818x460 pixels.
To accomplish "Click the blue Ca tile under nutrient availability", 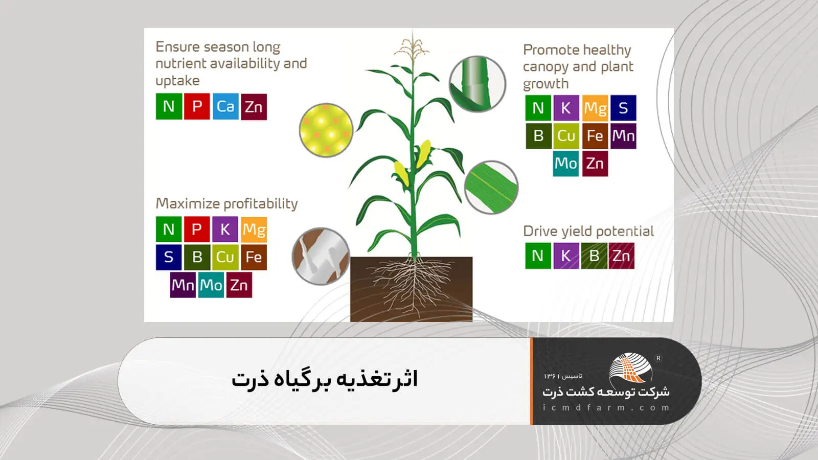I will [x=225, y=106].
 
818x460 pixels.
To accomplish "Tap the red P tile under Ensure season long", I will [x=197, y=106].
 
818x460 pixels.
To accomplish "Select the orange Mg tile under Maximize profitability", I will [x=254, y=229].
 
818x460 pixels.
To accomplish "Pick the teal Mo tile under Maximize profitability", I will [x=211, y=285].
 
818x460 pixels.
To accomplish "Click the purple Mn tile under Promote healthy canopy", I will [x=623, y=136].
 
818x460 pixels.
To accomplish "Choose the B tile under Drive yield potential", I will [x=594, y=256].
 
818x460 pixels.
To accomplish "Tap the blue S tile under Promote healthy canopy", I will [x=623, y=108].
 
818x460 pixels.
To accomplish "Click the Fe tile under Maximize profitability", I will [x=254, y=257].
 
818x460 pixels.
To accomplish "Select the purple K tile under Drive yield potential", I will [x=565, y=256].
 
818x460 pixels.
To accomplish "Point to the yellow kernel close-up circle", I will [x=326, y=130].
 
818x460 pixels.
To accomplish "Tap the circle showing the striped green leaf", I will [x=491, y=188].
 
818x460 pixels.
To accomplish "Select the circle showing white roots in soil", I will [x=321, y=256].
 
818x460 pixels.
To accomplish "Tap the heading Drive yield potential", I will [x=588, y=232].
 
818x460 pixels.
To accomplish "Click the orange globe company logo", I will [x=630, y=367].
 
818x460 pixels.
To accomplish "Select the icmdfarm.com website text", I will [x=606, y=407].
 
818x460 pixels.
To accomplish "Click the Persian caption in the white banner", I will [x=325, y=379].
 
